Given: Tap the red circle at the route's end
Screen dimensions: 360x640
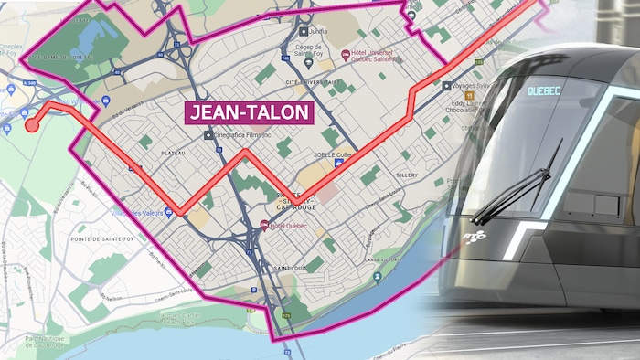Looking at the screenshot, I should [x=32, y=124].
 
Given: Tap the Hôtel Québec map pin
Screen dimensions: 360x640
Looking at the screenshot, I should [x=264, y=226].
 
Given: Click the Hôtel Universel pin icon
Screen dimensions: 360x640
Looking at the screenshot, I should [x=346, y=55].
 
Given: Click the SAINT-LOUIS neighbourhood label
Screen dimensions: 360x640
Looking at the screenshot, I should [x=291, y=268].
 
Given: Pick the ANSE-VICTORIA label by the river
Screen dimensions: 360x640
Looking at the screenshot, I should [x=385, y=260].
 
